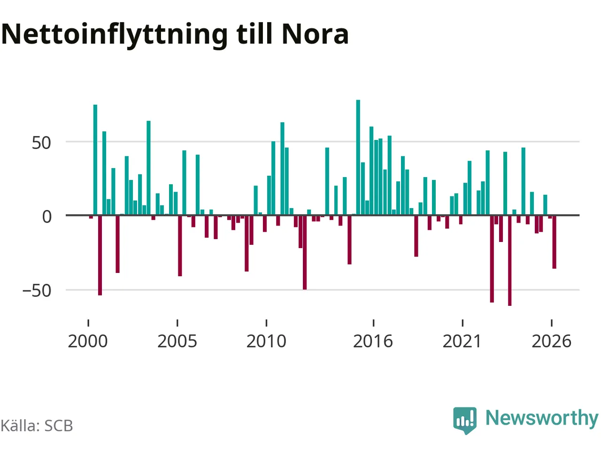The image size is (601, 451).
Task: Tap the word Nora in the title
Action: pos(315,34)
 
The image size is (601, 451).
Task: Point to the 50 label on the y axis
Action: pos(41,143)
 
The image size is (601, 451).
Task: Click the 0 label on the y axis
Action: pos(47,217)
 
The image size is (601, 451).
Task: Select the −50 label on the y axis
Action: pos(37,290)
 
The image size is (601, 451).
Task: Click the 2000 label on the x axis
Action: pos(88,342)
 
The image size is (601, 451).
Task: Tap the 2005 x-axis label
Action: pos(177,342)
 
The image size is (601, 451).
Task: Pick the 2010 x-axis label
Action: pos(266,342)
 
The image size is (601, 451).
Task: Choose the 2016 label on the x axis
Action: pos(373,342)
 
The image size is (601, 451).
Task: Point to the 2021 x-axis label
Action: pos(462,342)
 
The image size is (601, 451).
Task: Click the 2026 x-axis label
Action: pos(551,342)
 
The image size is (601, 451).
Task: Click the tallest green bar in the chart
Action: pos(358,157)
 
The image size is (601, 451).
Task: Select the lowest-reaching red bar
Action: pos(509,260)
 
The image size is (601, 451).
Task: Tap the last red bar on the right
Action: pos(554,242)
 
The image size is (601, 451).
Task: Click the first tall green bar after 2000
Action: pos(95,160)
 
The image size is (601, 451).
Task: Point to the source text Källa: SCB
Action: pos(37,426)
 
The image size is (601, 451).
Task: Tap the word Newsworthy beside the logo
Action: pos(542,419)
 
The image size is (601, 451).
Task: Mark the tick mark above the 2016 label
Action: pos(373,323)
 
